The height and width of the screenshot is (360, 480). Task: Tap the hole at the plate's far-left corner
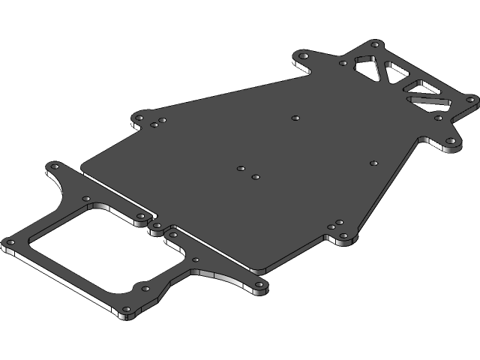(10, 242)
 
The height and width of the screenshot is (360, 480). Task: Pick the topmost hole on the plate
(373, 44)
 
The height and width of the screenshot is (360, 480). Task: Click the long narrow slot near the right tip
(428, 98)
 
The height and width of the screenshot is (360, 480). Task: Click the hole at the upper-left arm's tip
(54, 166)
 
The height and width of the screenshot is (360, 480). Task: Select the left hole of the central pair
(241, 169)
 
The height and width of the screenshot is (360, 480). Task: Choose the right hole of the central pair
(256, 177)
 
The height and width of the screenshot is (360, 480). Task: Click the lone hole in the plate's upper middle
(295, 118)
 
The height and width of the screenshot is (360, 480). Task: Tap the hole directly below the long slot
(439, 118)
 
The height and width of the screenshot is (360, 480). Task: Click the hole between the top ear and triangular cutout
(343, 63)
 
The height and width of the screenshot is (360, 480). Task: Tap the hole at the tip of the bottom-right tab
(260, 286)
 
